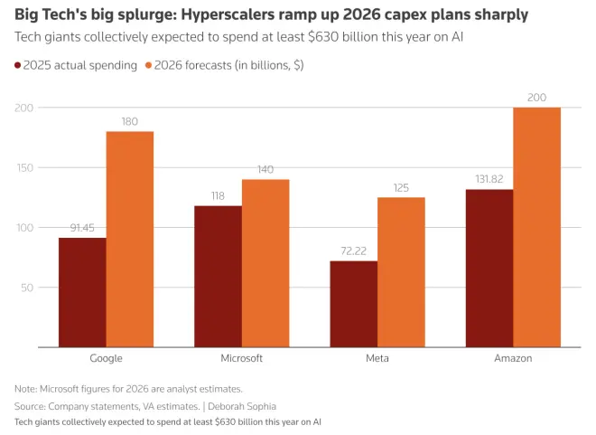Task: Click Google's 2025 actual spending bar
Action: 82,292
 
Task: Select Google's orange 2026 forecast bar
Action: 130,240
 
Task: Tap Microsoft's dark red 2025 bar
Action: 218,277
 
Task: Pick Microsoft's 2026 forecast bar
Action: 265,263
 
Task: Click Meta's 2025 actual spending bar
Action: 353,304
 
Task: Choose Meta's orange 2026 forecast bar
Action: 401,272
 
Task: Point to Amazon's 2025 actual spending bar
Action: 489,268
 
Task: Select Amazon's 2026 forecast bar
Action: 536,227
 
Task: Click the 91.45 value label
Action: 82,227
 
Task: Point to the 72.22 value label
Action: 353,251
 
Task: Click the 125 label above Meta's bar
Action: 401,187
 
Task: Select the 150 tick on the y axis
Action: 24,167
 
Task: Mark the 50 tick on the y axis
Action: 27,288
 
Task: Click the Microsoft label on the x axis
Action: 241,358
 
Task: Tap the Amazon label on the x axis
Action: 513,358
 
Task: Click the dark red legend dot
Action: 18,65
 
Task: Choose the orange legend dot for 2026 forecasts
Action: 148,65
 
